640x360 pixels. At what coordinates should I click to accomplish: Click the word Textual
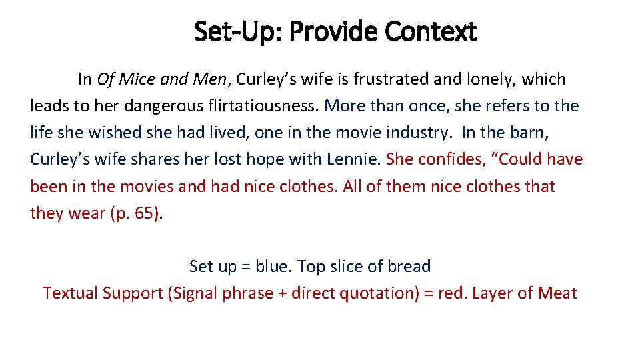click(x=70, y=293)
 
